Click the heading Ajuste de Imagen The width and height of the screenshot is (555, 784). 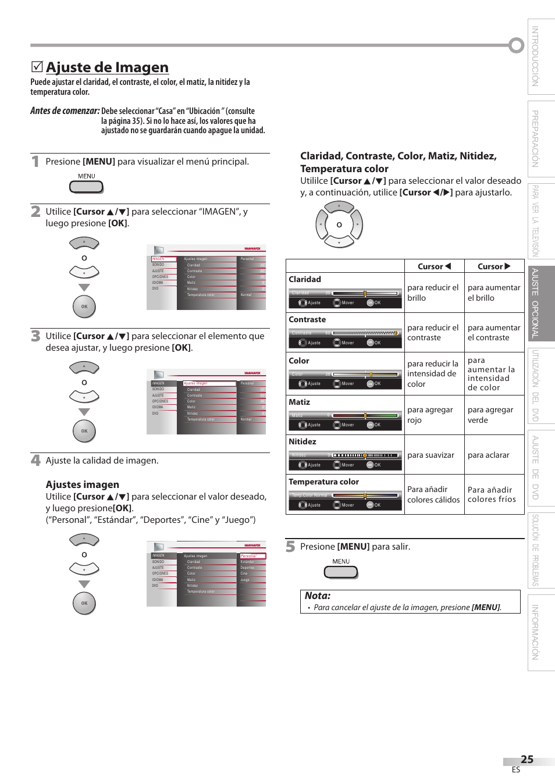pyautogui.click(x=107, y=67)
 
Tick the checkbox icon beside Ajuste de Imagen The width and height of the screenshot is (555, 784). pyautogui.click(x=37, y=67)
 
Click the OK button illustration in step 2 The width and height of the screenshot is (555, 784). pyautogui.click(x=84, y=307)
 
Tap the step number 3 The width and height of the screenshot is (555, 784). pyautogui.click(x=35, y=336)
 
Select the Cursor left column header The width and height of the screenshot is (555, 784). pyautogui.click(x=434, y=266)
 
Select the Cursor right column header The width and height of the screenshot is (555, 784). pyautogui.click(x=494, y=266)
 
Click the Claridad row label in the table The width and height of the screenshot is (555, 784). pyautogui.click(x=305, y=279)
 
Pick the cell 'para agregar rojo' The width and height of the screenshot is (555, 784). pyautogui.click(x=430, y=415)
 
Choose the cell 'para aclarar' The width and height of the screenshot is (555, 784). pyautogui.click(x=489, y=455)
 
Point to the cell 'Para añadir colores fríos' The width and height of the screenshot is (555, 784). pyautogui.click(x=492, y=494)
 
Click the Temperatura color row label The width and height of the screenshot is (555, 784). pyautogui.click(x=324, y=482)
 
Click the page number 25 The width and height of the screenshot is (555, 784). pyautogui.click(x=527, y=759)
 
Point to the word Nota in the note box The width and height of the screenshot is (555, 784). pyautogui.click(x=318, y=596)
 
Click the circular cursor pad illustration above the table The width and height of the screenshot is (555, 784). pyautogui.click(x=339, y=224)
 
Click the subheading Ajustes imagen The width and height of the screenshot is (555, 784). pyautogui.click(x=83, y=484)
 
